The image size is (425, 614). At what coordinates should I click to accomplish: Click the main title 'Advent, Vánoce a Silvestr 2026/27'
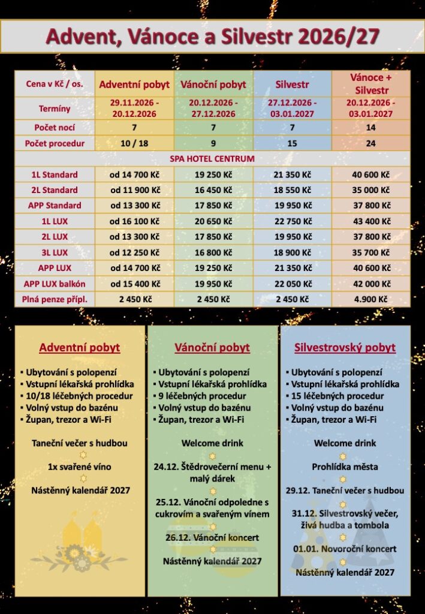tap(212, 36)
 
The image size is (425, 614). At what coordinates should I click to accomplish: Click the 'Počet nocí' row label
tap(55, 127)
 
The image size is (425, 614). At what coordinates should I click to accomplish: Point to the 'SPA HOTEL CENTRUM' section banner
tap(212, 159)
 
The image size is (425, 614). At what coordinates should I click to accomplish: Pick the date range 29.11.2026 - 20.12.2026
tap(134, 109)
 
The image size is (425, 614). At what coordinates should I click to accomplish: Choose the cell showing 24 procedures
tap(370, 143)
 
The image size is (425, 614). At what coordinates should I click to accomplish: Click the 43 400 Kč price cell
tap(370, 221)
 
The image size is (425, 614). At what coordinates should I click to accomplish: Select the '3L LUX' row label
tap(55, 252)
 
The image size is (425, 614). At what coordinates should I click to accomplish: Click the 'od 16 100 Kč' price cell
tap(134, 221)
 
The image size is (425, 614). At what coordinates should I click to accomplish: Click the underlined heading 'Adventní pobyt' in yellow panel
tap(80, 348)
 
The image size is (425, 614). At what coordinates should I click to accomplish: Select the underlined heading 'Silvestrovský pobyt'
tap(345, 348)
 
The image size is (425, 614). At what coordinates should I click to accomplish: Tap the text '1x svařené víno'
tap(80, 466)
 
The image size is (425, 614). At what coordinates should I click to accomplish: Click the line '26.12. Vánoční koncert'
tap(212, 537)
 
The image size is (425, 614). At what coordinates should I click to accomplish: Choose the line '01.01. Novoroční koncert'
tap(345, 549)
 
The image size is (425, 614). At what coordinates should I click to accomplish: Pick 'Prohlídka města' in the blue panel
tap(345, 466)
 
